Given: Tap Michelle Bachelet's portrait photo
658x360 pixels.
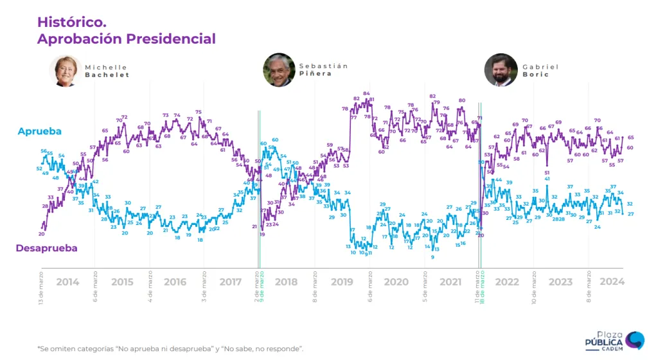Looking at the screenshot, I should [x=65, y=71].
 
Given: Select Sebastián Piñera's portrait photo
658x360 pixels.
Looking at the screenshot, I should [x=279, y=70].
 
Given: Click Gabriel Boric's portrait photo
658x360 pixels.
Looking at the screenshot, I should [x=501, y=70].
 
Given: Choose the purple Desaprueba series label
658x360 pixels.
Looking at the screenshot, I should [x=46, y=248].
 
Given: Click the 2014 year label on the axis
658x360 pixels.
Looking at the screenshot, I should [x=67, y=282].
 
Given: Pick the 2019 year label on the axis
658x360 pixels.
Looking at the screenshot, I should [x=342, y=282].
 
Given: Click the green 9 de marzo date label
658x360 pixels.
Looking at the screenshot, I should [x=262, y=282].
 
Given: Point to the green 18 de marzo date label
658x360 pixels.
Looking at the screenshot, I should [x=482, y=283].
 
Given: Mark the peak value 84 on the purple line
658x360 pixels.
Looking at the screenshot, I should [x=366, y=94].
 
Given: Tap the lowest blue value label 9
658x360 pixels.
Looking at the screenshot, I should [x=432, y=257].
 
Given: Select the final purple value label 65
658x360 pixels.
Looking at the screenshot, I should [x=630, y=138].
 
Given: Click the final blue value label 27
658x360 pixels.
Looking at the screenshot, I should [x=630, y=214].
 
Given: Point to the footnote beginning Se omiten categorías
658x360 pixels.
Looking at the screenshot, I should [x=170, y=348].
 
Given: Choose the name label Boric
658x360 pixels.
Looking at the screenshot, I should [x=536, y=75].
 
